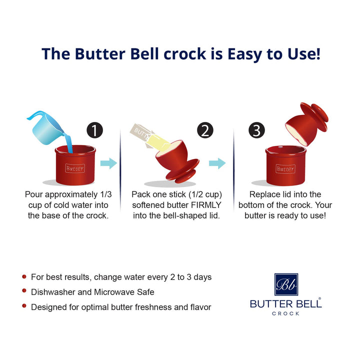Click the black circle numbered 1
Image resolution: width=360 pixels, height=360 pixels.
[94, 130]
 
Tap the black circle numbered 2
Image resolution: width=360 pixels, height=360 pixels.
[205, 130]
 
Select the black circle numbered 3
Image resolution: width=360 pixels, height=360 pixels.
[256, 130]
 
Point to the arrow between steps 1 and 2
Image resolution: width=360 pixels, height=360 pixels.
[108, 163]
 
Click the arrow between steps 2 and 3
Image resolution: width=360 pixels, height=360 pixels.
[217, 163]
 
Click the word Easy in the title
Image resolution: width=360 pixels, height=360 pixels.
[221, 53]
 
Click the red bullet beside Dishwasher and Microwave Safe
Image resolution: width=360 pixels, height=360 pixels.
[24, 291]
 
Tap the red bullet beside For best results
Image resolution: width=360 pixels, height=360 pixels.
[24, 276]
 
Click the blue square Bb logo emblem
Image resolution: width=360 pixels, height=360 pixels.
[286, 284]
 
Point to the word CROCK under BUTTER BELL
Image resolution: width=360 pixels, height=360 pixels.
[286, 313]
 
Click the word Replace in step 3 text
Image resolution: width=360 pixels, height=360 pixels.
[264, 194]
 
